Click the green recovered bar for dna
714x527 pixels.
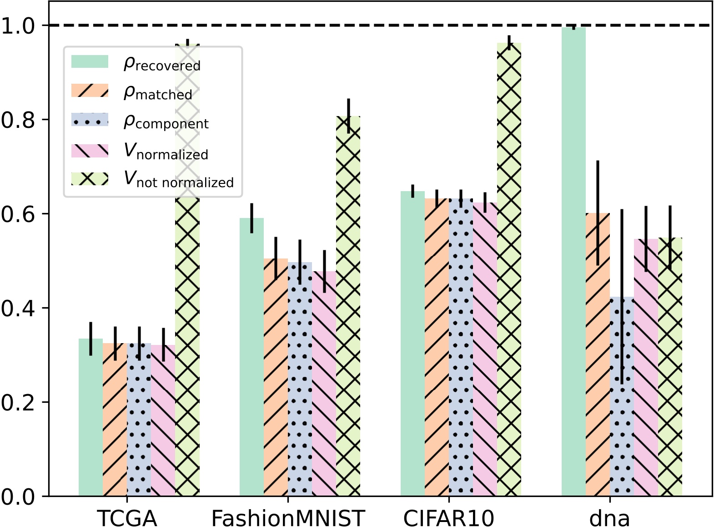click(x=573, y=262)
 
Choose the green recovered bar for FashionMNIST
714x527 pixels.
click(x=251, y=357)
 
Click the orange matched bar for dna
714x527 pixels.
click(x=598, y=355)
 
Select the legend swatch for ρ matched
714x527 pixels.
click(x=90, y=91)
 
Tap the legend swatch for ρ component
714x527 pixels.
click(x=90, y=120)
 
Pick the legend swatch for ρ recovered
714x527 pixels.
click(x=90, y=61)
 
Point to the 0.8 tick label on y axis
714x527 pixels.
click(x=18, y=120)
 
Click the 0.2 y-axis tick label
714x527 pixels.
click(x=18, y=403)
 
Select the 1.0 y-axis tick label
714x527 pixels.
click(x=18, y=26)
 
